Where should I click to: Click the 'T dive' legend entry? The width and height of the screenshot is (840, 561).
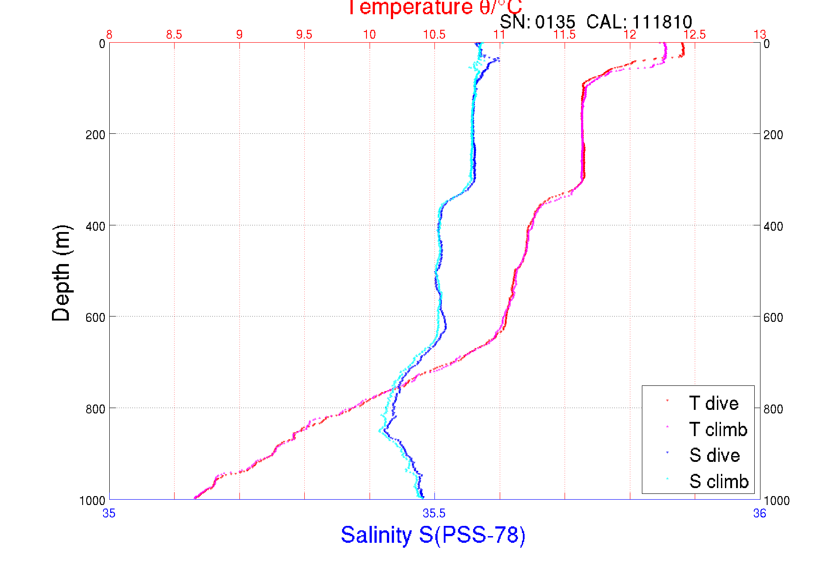click(713, 403)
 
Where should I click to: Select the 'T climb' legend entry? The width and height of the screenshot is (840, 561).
click(718, 429)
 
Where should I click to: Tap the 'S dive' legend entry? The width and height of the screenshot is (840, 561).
click(714, 455)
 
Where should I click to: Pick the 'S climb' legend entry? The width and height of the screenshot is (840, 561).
click(719, 481)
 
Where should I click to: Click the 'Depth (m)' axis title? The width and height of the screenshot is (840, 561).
click(61, 273)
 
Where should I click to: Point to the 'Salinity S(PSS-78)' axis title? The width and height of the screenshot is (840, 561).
click(433, 535)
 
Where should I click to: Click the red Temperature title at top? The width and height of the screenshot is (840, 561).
click(434, 8)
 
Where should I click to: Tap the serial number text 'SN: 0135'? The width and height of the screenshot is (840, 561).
click(537, 22)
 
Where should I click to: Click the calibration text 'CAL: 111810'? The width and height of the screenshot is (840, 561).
click(639, 22)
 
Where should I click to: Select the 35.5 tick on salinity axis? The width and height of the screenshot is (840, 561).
click(434, 513)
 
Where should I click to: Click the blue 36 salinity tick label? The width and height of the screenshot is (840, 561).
click(760, 513)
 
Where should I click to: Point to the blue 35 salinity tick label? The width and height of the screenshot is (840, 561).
click(109, 513)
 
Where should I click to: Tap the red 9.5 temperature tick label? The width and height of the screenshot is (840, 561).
click(304, 35)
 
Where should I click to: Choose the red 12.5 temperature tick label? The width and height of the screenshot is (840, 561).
click(695, 35)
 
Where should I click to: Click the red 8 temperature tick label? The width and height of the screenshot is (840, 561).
click(109, 35)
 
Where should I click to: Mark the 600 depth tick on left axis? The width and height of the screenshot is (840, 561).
click(95, 317)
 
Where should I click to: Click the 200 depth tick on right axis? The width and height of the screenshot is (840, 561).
click(773, 135)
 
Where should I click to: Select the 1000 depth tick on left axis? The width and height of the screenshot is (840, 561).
click(92, 501)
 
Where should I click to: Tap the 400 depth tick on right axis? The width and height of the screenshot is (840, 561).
click(773, 226)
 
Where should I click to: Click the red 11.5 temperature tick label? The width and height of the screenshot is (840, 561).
click(565, 35)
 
